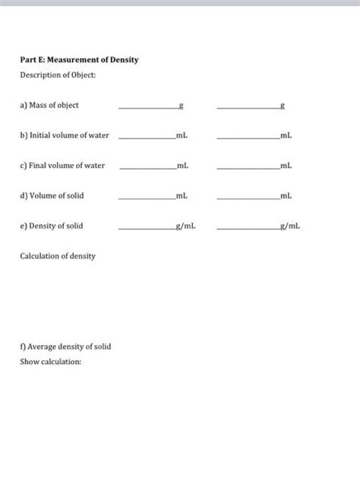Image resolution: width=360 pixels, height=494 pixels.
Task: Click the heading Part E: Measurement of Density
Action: pyautogui.click(x=79, y=60)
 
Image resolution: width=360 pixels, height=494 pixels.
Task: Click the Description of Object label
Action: pyautogui.click(x=58, y=74)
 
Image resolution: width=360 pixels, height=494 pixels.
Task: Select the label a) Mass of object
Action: pyautogui.click(x=49, y=105)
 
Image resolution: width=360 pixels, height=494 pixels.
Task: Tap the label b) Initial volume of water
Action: pyautogui.click(x=65, y=135)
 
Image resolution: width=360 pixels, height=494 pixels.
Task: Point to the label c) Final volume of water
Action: pyautogui.click(x=62, y=166)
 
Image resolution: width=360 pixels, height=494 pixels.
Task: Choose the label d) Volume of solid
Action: pyautogui.click(x=52, y=196)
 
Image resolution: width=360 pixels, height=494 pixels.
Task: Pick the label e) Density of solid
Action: pyautogui.click(x=52, y=226)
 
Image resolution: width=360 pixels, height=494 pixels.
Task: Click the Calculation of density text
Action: pyautogui.click(x=58, y=257)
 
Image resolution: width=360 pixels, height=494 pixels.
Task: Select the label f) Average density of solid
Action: pyautogui.click(x=65, y=347)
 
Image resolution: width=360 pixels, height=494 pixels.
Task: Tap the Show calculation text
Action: pyautogui.click(x=50, y=362)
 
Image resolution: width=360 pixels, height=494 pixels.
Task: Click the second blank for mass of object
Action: pyautogui.click(x=248, y=107)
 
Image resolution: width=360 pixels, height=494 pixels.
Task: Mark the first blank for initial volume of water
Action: pyautogui.click(x=147, y=138)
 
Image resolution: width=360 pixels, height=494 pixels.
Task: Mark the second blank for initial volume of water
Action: pyautogui.click(x=248, y=138)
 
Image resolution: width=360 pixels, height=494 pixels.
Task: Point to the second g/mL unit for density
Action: pyautogui.click(x=290, y=226)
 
